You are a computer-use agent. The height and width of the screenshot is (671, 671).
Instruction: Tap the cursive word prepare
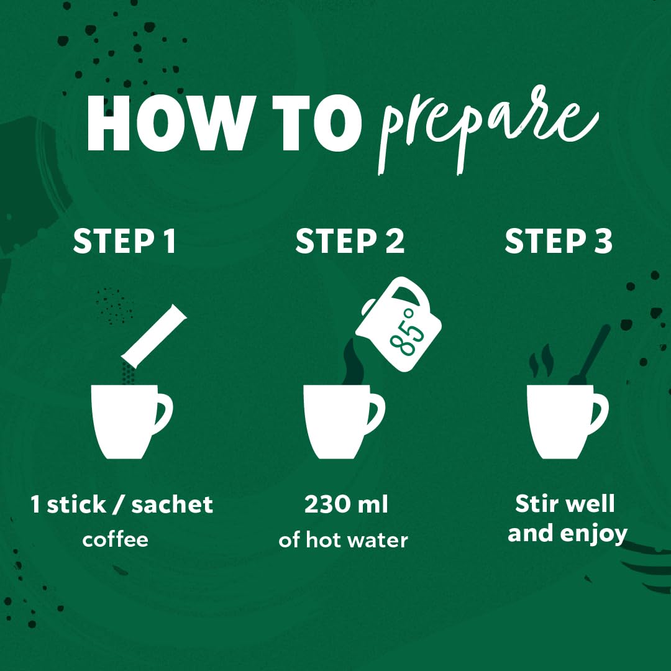tap(488, 129)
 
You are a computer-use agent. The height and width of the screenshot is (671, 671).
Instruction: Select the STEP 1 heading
tap(124, 241)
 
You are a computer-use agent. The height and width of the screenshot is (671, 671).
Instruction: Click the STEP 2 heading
tap(350, 241)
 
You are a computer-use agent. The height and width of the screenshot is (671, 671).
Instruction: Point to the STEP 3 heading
tap(559, 241)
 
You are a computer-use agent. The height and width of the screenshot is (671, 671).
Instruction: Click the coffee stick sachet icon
tap(154, 336)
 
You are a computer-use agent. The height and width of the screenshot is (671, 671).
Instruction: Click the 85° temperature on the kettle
tap(406, 332)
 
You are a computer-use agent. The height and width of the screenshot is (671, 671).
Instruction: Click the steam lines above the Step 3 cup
tap(541, 360)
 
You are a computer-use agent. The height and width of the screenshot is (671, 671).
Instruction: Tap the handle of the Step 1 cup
tap(164, 413)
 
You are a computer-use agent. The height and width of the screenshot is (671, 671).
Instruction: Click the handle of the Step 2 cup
tap(376, 413)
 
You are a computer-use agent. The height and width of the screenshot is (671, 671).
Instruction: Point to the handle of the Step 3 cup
tap(599, 413)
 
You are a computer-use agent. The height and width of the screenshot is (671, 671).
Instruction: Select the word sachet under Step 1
tap(172, 504)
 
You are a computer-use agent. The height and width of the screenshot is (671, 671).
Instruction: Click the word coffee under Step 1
tap(115, 539)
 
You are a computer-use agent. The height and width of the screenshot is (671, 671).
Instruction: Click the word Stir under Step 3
tap(531, 503)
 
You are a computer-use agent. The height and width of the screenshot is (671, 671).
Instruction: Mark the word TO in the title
tap(317, 123)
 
